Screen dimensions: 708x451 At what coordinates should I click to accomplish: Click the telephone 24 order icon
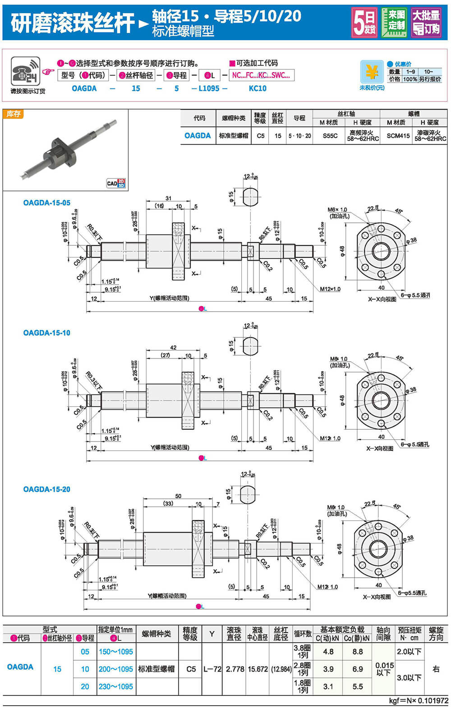pyautogui.click(x=25, y=72)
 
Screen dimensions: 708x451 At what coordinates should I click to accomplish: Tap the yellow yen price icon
pyautogui.click(x=372, y=72)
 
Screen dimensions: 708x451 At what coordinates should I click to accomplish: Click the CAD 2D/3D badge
pyautogui.click(x=116, y=183)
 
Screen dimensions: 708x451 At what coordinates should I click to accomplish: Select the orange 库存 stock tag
pyautogui.click(x=13, y=114)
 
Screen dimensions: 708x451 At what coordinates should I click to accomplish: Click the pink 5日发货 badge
pyautogui.click(x=364, y=23)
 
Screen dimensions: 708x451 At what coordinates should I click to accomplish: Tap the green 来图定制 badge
pyautogui.click(x=394, y=22)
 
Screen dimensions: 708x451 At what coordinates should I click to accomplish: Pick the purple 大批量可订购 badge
pyautogui.click(x=426, y=23)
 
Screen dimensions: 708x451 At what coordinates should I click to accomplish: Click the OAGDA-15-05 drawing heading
pyautogui.click(x=47, y=203)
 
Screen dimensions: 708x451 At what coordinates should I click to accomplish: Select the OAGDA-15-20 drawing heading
pyautogui.click(x=47, y=489)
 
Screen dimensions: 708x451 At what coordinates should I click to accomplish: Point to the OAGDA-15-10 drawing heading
pyautogui.click(x=47, y=333)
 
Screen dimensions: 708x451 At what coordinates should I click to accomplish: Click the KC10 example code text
pyautogui.click(x=258, y=88)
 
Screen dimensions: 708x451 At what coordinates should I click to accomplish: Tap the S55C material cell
pyautogui.click(x=330, y=136)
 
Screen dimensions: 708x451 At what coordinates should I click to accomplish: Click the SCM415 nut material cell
pyautogui.click(x=398, y=136)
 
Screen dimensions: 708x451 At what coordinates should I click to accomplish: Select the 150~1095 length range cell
pyautogui.click(x=116, y=652)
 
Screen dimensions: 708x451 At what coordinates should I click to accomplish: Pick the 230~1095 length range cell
pyautogui.click(x=116, y=686)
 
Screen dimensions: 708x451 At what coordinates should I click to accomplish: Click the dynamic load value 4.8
pyautogui.click(x=328, y=652)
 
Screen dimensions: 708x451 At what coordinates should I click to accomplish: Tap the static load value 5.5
pyautogui.click(x=358, y=686)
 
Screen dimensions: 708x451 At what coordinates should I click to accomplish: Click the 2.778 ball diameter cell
pyautogui.click(x=235, y=669)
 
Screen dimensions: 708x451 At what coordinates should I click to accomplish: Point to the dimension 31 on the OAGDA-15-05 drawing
pyautogui.click(x=168, y=198)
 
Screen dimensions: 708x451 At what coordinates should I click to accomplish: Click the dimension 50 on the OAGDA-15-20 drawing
pyautogui.click(x=178, y=496)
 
